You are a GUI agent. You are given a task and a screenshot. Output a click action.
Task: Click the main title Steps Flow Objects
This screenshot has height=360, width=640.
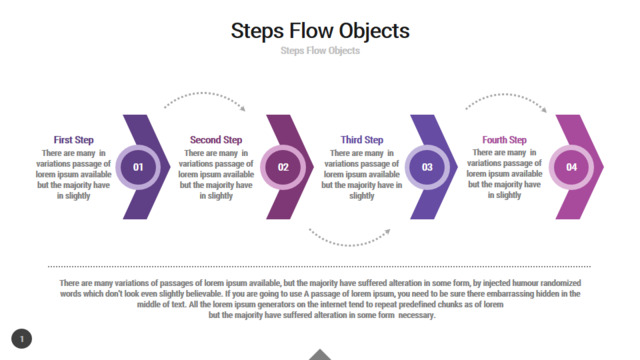tap(320, 31)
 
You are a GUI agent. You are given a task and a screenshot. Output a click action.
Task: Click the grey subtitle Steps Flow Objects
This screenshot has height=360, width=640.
tap(320, 51)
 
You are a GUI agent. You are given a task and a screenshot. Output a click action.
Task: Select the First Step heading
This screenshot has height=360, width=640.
tap(73, 140)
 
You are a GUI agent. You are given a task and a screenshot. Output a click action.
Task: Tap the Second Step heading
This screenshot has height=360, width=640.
tap(216, 140)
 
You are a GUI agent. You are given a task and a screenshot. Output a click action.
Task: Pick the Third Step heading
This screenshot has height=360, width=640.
tap(362, 140)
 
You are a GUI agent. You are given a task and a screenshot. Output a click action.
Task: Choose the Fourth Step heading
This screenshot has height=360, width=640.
tap(504, 140)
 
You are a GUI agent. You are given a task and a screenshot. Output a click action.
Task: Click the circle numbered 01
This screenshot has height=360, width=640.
tap(138, 167)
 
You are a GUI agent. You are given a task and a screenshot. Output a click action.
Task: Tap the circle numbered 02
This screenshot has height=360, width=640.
tap(283, 167)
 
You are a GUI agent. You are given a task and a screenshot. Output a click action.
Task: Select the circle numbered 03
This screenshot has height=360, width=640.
tap(427, 167)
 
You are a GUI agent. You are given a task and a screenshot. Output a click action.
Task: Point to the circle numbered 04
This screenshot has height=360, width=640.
tap(571, 167)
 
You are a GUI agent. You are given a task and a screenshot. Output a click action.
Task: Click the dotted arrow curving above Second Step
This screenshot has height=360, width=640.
tap(204, 93)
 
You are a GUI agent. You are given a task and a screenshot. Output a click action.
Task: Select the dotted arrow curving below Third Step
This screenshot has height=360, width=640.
tap(349, 245)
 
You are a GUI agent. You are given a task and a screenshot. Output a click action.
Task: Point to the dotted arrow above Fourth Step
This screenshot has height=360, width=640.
tap(505, 95)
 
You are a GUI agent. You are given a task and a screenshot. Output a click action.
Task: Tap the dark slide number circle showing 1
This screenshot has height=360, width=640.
tap(22, 339)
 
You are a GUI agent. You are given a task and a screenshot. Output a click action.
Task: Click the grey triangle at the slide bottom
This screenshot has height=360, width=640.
tap(320, 355)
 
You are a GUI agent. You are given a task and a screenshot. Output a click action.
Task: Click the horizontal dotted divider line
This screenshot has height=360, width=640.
tap(319, 267)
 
